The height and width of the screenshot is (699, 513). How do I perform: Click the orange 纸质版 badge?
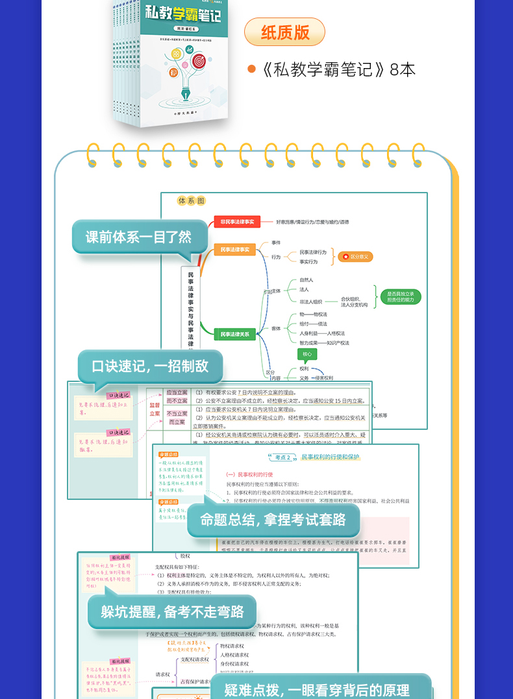[284, 32]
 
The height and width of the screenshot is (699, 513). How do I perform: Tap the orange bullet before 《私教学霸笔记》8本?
[252, 69]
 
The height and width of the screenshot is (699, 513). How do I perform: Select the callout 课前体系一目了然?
[139, 237]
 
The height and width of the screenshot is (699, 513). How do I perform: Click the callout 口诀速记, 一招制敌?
[150, 366]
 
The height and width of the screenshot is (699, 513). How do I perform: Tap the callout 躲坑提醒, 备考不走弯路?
[172, 611]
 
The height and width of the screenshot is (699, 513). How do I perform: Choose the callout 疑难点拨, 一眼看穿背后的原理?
[317, 689]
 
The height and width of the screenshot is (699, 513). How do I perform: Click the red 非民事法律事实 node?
[237, 222]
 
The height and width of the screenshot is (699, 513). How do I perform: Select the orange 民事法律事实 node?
[234, 250]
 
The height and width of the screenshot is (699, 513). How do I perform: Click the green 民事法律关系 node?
[234, 334]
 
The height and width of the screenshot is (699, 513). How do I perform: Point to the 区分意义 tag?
[357, 257]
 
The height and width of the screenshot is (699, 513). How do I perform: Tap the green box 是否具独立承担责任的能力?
[401, 297]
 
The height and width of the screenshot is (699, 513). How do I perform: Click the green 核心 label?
[307, 354]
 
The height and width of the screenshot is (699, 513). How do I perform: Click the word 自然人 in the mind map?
[307, 280]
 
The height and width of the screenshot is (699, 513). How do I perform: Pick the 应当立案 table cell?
[176, 392]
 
